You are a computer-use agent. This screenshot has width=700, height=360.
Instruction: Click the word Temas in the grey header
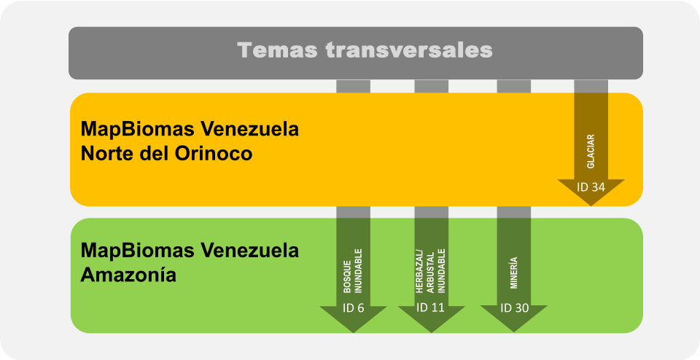tap(276, 50)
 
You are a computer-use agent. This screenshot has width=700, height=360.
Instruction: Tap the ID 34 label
tap(591, 187)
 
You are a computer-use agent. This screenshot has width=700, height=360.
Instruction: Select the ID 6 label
tap(353, 308)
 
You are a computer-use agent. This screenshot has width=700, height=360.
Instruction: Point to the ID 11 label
tap(431, 308)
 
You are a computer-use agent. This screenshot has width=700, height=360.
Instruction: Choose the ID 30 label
tap(515, 308)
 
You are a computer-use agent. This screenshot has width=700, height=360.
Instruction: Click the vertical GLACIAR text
tap(591, 151)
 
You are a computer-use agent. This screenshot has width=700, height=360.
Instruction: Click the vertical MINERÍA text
tap(515, 274)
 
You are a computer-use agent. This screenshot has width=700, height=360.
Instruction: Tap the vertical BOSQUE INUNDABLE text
tap(353, 274)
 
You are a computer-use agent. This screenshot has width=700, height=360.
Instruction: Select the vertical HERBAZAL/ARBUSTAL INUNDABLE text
tap(431, 270)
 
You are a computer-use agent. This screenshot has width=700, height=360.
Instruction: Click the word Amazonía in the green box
tap(128, 275)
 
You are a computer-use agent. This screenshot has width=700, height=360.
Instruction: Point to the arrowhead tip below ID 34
tap(591, 205)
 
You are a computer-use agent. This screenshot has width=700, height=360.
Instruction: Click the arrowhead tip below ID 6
tap(353, 332)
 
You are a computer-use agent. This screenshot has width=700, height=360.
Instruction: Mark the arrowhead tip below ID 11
tap(431, 332)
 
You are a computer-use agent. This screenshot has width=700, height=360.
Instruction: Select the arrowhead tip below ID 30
tap(515, 332)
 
